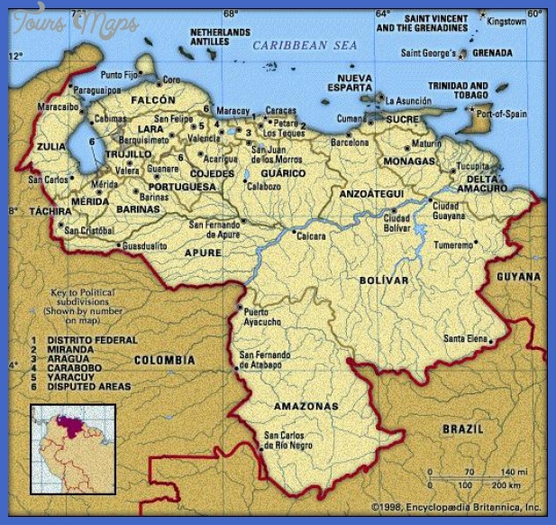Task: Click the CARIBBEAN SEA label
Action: click(x=305, y=45)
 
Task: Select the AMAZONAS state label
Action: click(x=308, y=407)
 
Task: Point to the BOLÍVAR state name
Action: click(x=384, y=281)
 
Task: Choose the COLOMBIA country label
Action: click(x=164, y=360)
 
